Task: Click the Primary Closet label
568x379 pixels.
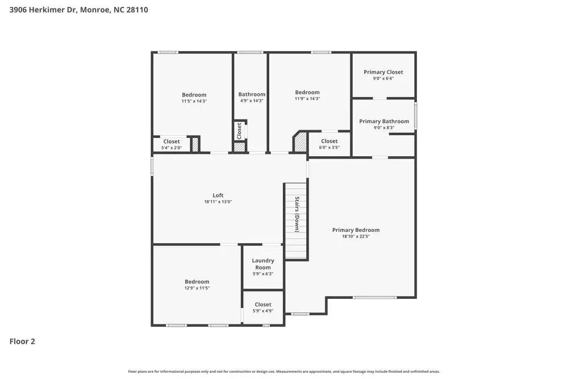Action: click(383, 72)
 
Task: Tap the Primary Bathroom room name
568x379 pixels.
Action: click(384, 121)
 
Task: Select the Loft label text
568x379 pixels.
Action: click(218, 195)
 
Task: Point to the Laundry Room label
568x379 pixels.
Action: click(263, 264)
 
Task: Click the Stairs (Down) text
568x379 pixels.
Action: click(296, 214)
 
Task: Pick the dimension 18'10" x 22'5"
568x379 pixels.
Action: click(356, 236)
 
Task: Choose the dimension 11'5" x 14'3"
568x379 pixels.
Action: click(194, 101)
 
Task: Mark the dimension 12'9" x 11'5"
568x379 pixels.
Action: click(197, 288)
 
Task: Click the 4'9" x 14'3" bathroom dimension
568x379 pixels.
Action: click(252, 101)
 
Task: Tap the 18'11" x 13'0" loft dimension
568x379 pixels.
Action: click(218, 202)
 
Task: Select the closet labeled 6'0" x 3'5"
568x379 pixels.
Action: click(329, 144)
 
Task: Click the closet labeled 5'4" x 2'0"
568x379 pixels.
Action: click(171, 145)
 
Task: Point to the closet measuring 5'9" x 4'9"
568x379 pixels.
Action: click(263, 307)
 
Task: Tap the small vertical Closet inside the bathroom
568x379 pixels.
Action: click(239, 131)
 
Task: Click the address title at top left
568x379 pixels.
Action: click(79, 10)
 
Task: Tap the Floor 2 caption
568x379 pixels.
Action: click(23, 341)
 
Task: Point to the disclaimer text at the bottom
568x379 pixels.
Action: click(283, 372)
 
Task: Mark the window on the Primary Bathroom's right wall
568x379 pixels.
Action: click(416, 115)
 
